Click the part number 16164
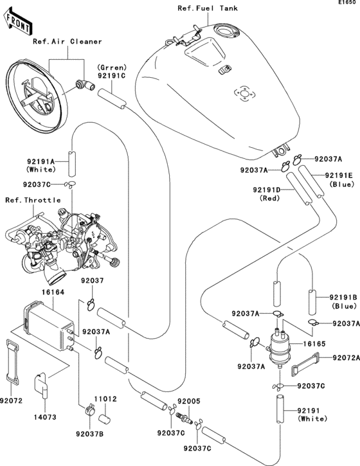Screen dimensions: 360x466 coord(53,292)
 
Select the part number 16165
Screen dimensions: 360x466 coord(314,344)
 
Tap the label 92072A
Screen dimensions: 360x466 coord(346,358)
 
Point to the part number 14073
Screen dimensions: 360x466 coord(44,417)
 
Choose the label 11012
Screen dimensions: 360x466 coord(105,399)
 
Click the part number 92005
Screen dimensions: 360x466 coord(189,401)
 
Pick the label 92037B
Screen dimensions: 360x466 coord(90,434)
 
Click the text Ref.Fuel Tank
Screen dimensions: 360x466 coord(208,8)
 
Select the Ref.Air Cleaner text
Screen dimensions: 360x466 coord(67,41)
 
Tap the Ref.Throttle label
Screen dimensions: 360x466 coord(33,200)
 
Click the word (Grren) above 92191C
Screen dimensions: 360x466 coord(111,67)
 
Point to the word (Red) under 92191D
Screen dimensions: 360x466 coord(270,197)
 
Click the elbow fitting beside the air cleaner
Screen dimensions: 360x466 coord(85,85)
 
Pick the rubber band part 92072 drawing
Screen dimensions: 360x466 coord(12,361)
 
